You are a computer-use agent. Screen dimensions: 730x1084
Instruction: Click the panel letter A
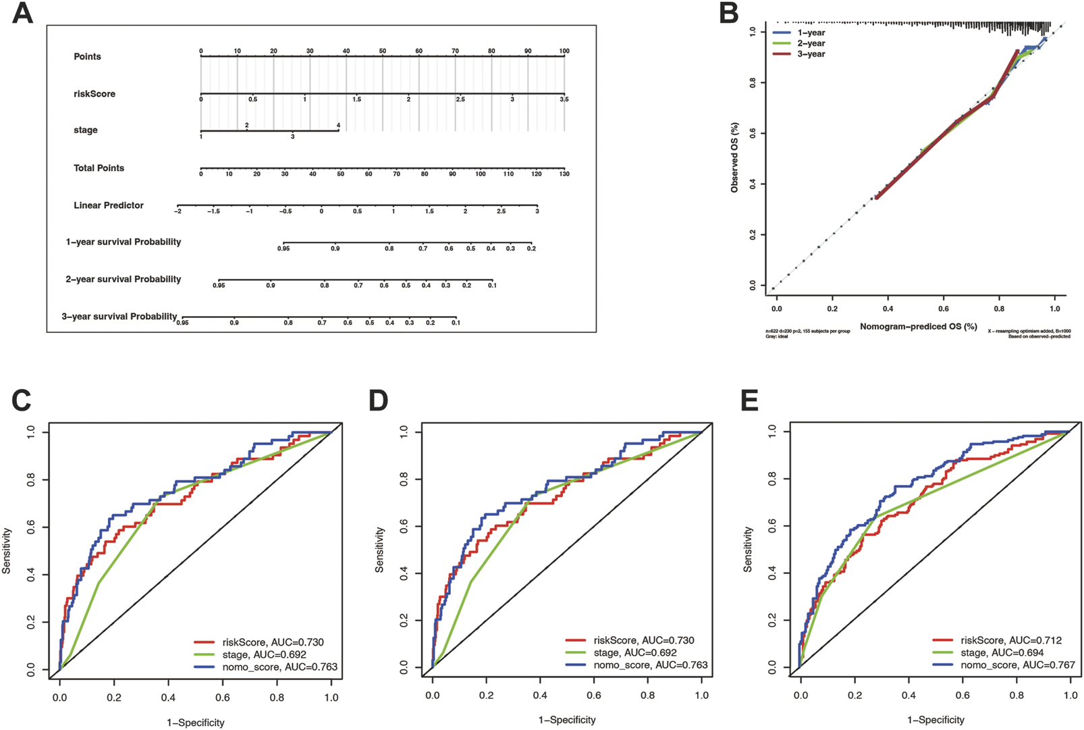point(22,13)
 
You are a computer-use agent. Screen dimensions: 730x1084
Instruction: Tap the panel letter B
point(728,13)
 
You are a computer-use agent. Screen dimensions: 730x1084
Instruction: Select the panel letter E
point(749,400)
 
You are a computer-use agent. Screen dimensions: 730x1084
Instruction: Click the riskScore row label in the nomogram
point(94,94)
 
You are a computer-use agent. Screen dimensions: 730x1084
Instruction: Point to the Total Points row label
point(99,168)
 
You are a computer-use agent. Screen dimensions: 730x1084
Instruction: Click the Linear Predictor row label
point(108,205)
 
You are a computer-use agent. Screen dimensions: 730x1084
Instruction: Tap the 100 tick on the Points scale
point(564,51)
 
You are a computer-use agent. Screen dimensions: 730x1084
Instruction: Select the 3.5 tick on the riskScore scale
point(564,99)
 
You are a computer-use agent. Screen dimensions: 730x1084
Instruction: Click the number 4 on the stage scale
point(338,126)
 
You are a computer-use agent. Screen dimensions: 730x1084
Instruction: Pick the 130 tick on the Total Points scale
point(564,174)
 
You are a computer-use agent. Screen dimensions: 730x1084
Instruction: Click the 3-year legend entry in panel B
point(811,54)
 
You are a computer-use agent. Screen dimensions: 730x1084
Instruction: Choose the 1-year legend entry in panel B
point(811,32)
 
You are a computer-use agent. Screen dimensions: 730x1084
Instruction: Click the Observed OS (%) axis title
point(734,157)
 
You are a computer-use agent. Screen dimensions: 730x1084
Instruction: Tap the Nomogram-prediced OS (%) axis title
point(918,327)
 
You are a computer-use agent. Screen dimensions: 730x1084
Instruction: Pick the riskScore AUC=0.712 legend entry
point(1006,640)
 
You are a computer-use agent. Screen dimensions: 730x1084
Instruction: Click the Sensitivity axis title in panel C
point(7,551)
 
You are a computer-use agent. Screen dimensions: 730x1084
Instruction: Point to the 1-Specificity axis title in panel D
point(567,720)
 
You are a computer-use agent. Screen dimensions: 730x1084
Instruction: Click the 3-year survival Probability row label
point(119,316)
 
